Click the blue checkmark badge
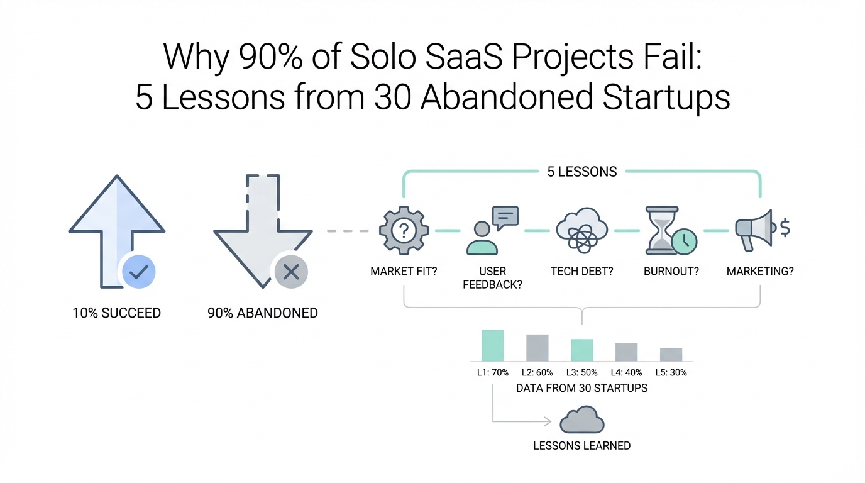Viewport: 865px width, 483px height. pos(139,272)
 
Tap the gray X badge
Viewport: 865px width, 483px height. pos(291,272)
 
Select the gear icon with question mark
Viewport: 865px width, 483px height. pos(404,230)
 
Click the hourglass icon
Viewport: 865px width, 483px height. pos(662,230)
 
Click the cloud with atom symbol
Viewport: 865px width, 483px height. pos(582,230)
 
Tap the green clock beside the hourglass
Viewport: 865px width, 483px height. pos(685,241)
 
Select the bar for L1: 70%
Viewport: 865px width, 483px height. pos(493,345)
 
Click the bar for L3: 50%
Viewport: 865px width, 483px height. pos(582,350)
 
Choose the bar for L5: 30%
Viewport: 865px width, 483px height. pos(671,355)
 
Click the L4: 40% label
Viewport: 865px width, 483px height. pos(626,372)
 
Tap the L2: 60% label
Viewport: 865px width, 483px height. pos(537,372)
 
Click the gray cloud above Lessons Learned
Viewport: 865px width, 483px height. pos(582,419)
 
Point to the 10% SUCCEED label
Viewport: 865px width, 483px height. pos(117,313)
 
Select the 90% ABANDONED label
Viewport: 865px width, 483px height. pos(263,313)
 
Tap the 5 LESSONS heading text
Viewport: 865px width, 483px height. pos(582,172)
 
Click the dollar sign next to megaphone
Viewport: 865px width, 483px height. pos(785,228)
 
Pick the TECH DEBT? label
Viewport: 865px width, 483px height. pos(582,271)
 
